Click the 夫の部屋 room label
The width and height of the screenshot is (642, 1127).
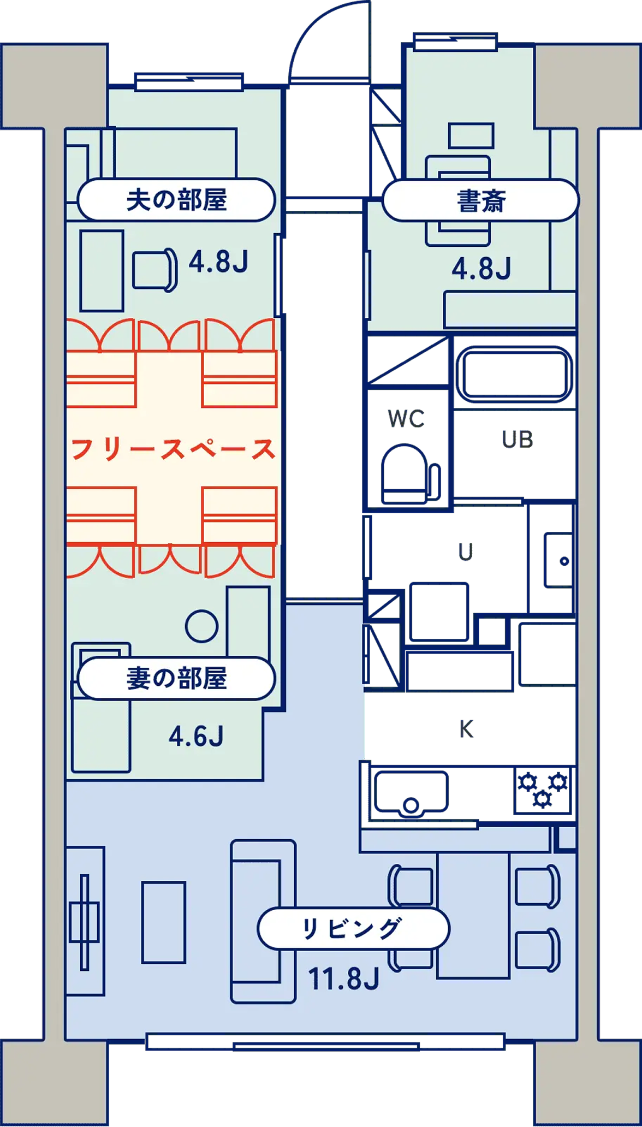tap(176, 200)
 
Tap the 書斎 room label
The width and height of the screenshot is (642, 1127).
tap(480, 200)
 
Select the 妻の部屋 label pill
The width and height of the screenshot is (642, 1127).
tap(176, 679)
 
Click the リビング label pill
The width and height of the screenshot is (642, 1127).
tap(353, 928)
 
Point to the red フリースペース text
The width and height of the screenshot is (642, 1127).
tap(173, 449)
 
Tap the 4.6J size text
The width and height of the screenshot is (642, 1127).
tap(196, 737)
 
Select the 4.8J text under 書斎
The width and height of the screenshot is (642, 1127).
tap(481, 269)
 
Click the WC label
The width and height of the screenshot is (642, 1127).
tap(406, 419)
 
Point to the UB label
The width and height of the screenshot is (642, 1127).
tap(517, 440)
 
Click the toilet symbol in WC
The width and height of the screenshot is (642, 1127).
tap(408, 474)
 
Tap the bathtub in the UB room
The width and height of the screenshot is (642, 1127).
tap(514, 373)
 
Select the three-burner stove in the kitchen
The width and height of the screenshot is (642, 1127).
tap(542, 790)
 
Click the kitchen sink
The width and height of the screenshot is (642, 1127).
tap(411, 792)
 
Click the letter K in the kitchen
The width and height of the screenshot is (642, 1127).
tap(466, 729)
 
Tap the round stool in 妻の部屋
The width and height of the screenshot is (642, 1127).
tap(201, 626)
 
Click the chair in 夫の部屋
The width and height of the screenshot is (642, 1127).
tap(154, 270)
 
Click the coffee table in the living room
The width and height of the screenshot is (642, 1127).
tap(163, 922)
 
